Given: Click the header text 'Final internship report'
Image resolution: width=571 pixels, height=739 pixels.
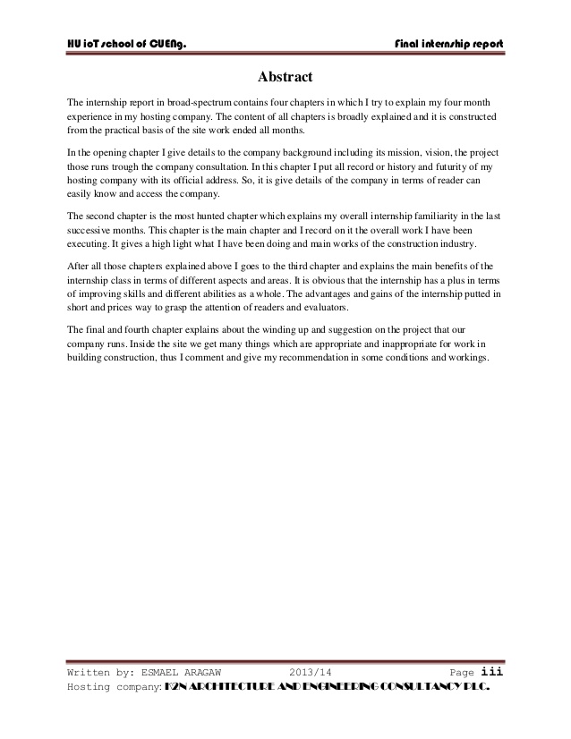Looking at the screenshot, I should click(448, 44).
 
